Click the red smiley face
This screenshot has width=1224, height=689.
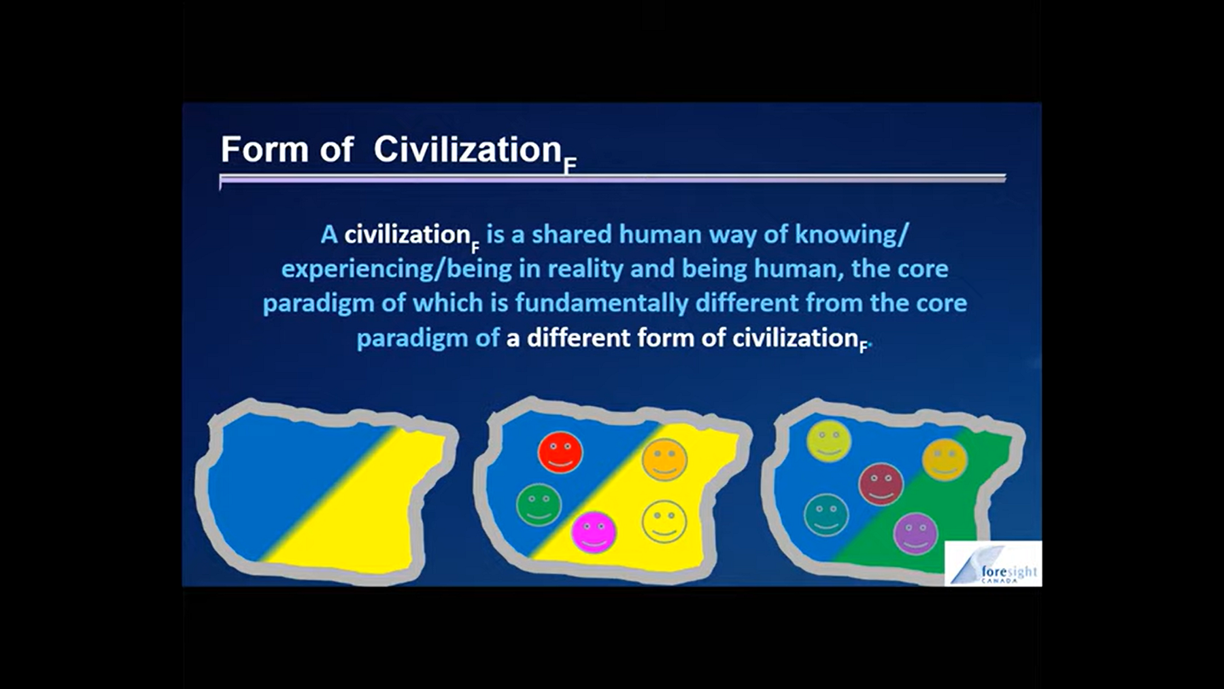click(x=560, y=452)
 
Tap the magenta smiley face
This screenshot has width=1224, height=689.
click(x=594, y=532)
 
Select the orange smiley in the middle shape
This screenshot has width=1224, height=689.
click(x=664, y=460)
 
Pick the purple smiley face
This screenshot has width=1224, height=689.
click(x=915, y=534)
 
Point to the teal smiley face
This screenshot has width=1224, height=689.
click(x=826, y=515)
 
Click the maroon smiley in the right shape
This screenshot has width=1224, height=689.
click(x=881, y=484)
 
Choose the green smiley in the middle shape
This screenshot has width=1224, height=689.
click(x=539, y=505)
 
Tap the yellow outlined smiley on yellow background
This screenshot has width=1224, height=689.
click(x=664, y=522)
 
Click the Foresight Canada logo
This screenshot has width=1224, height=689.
click(x=993, y=563)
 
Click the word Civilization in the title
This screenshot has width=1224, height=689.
click(x=467, y=149)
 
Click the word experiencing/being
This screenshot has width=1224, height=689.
click(x=396, y=269)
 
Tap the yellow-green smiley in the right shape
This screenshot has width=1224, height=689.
click(x=828, y=441)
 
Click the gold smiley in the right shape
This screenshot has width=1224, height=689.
click(x=945, y=460)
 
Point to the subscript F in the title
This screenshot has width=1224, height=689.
click(x=570, y=165)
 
